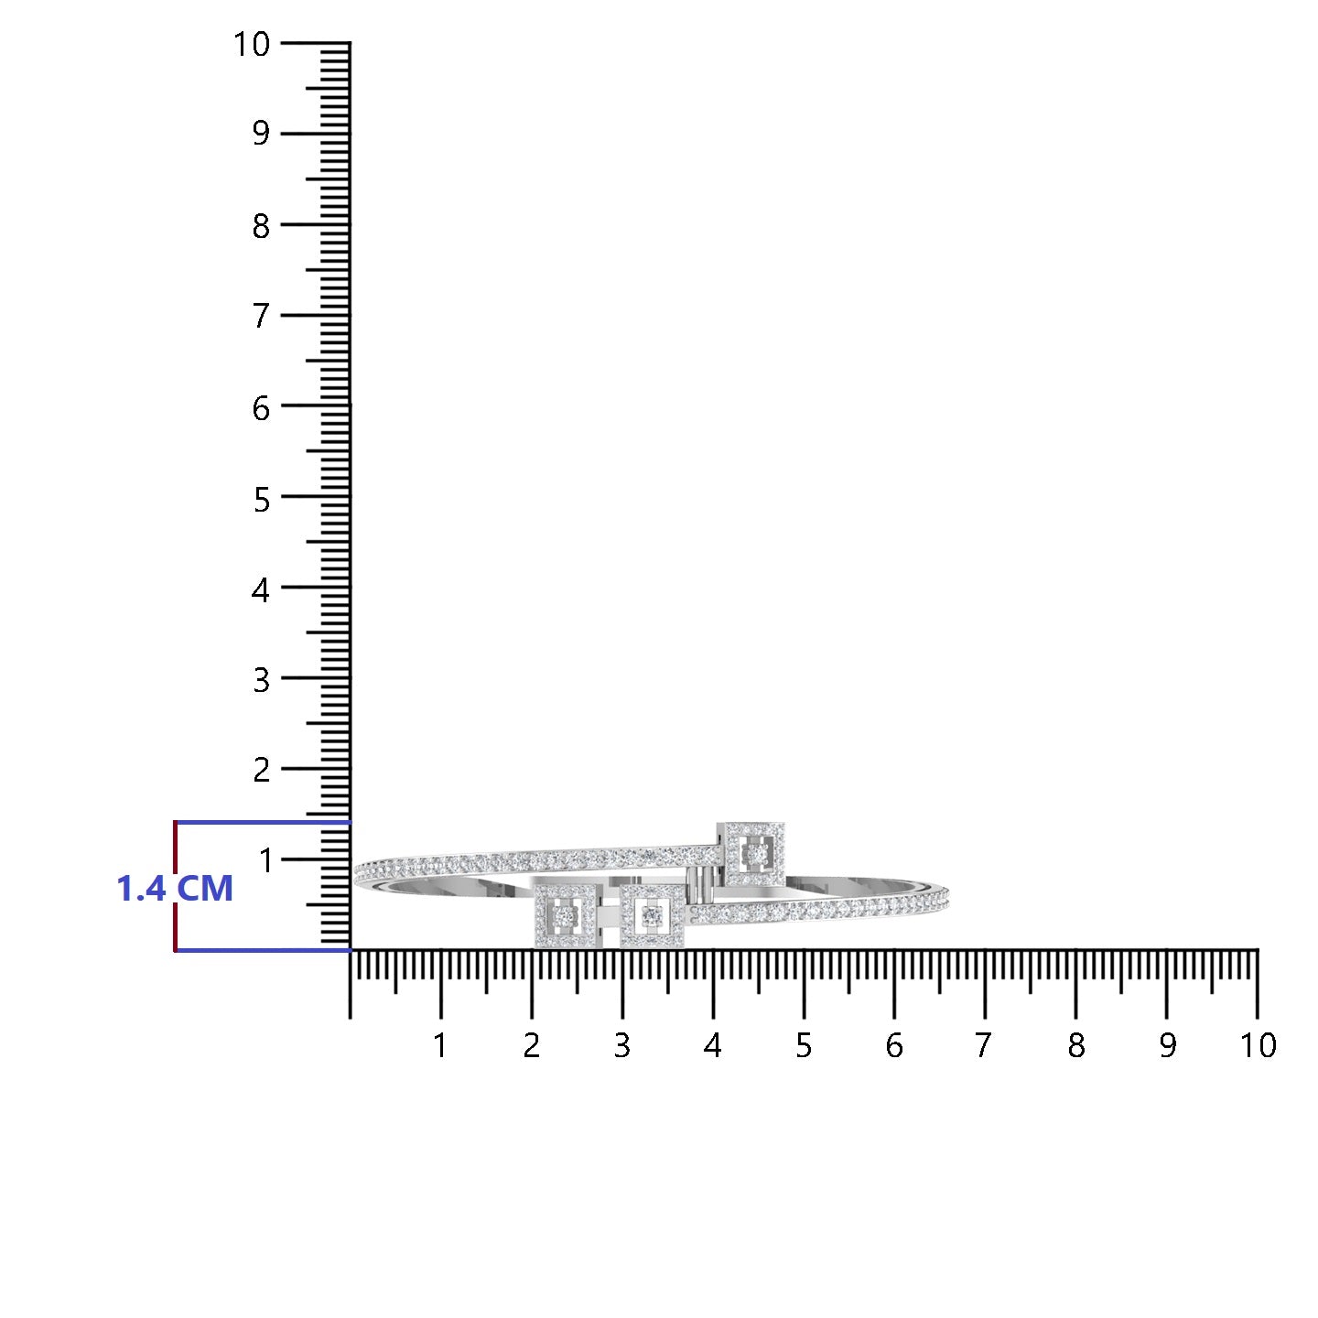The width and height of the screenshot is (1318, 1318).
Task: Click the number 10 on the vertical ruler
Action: pos(252,45)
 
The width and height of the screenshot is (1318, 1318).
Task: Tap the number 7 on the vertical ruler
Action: pos(261,316)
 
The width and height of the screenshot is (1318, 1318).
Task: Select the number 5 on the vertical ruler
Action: pos(261,500)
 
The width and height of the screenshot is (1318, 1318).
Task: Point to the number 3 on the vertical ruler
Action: pos(261,681)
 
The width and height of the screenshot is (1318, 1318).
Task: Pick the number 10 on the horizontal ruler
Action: pos(1258,1046)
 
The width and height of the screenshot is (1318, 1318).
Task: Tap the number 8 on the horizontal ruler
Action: pos(1075,1046)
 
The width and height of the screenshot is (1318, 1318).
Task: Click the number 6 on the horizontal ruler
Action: pos(894,1046)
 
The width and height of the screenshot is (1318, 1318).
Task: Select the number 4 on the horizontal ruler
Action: pos(713,1046)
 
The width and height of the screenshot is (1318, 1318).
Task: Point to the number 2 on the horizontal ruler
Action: pos(532,1046)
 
